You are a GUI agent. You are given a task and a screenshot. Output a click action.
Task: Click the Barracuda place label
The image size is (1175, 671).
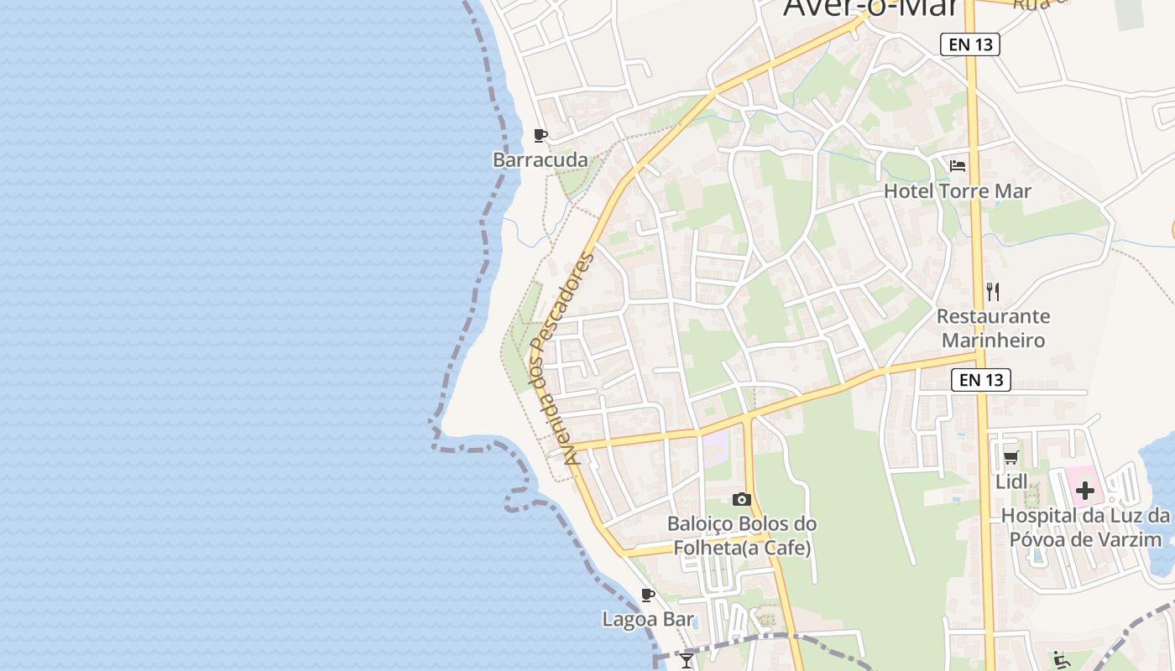tap(540, 159)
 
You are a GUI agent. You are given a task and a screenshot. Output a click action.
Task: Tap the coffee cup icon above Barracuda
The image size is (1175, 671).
tap(540, 135)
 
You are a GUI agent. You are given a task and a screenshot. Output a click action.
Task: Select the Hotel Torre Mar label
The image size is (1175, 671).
tap(957, 191)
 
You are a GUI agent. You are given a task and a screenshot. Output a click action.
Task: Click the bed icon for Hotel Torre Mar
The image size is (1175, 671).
tap(957, 166)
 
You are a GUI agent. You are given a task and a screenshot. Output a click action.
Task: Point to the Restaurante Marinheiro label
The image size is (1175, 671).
tap(993, 328)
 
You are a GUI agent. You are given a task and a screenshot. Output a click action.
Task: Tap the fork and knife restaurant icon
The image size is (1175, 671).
tap(993, 292)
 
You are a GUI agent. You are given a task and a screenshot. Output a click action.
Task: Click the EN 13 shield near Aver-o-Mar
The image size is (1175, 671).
tap(970, 44)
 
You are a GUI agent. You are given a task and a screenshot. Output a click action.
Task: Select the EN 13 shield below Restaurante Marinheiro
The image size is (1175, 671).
tap(981, 380)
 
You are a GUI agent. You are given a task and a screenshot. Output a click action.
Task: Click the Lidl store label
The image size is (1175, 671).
tap(1011, 482)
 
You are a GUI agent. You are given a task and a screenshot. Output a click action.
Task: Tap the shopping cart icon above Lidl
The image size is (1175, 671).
tap(1011, 458)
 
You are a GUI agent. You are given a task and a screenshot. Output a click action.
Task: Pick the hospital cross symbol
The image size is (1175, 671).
tap(1085, 490)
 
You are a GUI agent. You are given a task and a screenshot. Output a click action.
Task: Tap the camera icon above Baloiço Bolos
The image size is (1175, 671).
tap(741, 500)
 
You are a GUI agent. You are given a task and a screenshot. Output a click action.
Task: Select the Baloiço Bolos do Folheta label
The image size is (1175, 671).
tap(741, 536)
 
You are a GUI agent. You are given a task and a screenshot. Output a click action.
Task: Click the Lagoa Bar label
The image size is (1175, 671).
tap(648, 620)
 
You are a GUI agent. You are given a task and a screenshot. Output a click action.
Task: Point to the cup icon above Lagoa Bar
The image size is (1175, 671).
tap(648, 596)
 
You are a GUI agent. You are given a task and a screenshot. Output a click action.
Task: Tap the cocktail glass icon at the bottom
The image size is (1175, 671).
tap(687, 661)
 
